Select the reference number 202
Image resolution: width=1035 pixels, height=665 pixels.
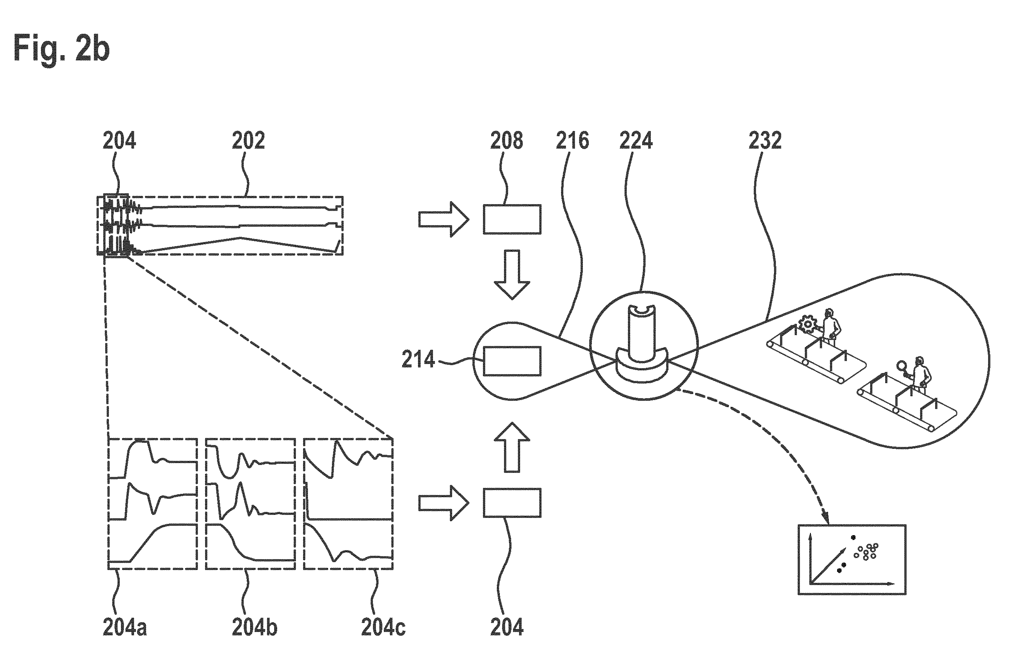pyautogui.click(x=248, y=140)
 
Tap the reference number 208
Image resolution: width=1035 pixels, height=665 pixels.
pyautogui.click(x=507, y=140)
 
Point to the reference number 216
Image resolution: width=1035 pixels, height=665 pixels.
pyautogui.click(x=572, y=140)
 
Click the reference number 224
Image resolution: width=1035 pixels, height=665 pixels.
pyautogui.click(x=636, y=140)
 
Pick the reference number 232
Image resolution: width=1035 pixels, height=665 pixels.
pyautogui.click(x=765, y=140)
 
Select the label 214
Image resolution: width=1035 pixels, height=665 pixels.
pyautogui.click(x=418, y=359)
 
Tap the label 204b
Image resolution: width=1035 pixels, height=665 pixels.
pyautogui.click(x=255, y=627)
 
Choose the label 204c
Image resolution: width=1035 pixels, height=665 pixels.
pyautogui.click(x=383, y=627)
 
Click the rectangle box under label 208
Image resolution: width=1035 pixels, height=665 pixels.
pyautogui.click(x=511, y=220)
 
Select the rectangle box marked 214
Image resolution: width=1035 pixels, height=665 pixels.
pyautogui.click(x=511, y=361)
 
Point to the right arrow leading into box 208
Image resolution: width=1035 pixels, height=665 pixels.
pyautogui.click(x=444, y=220)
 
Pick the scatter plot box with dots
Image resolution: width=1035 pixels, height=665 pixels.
pyautogui.click(x=851, y=560)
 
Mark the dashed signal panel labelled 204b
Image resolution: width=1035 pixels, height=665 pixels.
pyautogui.click(x=250, y=504)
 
